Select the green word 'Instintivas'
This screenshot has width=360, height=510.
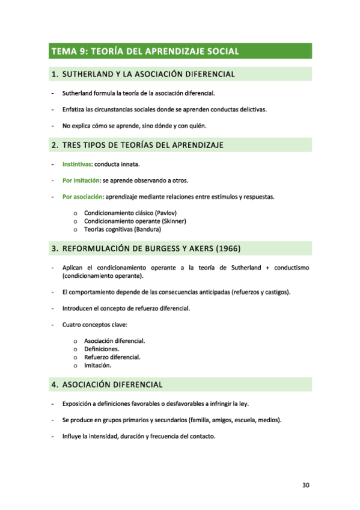coord(76,164)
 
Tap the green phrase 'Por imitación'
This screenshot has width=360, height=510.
coord(81,180)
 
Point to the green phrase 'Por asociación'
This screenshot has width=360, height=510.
coord(82,197)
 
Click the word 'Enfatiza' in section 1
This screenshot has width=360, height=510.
coord(75,109)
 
